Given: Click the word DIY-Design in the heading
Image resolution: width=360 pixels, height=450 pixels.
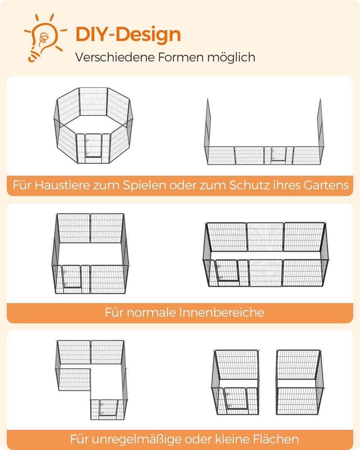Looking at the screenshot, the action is [x=128, y=34].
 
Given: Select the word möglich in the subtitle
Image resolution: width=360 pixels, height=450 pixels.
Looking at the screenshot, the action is [x=231, y=57].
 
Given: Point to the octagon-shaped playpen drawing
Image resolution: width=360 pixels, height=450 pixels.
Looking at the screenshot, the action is [x=93, y=126].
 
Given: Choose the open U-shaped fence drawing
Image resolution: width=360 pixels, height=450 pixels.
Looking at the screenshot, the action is [x=264, y=132].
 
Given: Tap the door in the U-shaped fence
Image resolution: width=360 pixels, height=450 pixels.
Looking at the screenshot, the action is [x=279, y=154].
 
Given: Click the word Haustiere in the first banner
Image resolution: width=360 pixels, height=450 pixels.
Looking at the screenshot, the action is [x=62, y=185].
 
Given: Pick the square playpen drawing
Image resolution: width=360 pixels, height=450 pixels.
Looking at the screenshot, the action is [x=90, y=253].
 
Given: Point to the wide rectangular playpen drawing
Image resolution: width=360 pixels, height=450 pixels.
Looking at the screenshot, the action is [x=265, y=254].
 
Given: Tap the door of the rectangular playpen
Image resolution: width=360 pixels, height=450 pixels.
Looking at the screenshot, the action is [x=227, y=270].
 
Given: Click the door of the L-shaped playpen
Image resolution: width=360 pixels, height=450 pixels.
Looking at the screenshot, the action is [x=108, y=408].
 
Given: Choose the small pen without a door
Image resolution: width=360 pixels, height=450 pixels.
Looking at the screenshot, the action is [x=300, y=382].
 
